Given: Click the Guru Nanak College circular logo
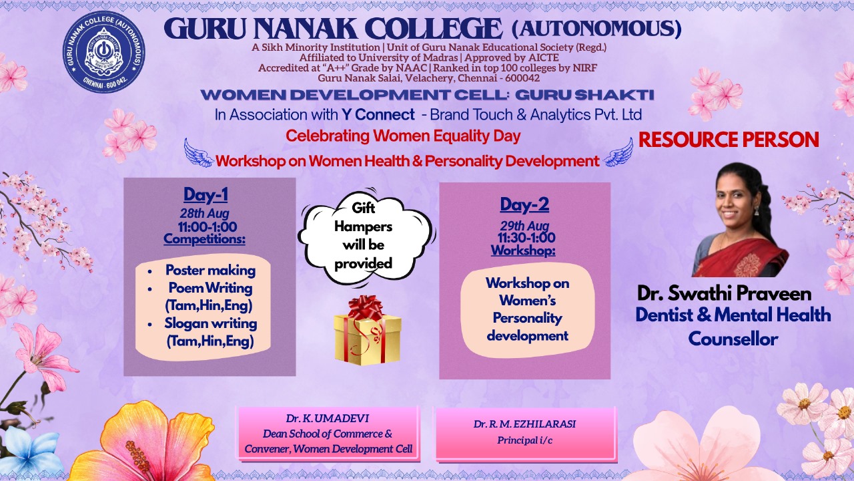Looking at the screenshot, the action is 103,52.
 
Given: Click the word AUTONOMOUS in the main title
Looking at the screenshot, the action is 596,28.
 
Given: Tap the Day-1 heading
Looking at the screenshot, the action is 206,194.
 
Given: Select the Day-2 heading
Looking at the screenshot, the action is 524,204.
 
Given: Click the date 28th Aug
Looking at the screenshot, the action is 205,213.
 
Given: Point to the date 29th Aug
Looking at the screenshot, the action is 524,226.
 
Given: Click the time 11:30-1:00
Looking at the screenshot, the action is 526,237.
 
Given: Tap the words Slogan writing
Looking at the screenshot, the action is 210,323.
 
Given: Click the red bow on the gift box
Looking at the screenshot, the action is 365,307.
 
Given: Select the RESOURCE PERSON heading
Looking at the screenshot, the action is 729,140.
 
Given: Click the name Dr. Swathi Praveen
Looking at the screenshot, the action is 724,293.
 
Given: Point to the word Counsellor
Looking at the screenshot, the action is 733,339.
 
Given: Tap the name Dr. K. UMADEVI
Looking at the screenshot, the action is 328,418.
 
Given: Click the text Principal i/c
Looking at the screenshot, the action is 524,440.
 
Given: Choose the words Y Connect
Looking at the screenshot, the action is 378,114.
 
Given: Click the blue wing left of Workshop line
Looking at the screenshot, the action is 199,153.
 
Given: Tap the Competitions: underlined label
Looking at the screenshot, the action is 204,239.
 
